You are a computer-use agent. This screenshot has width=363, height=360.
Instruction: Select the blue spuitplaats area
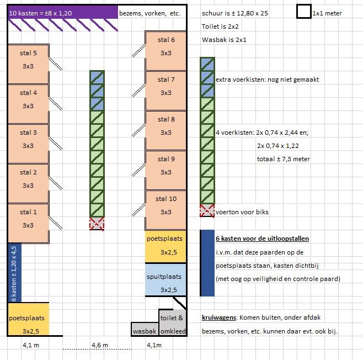[166, 283]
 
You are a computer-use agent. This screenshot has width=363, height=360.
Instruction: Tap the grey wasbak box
[145, 330]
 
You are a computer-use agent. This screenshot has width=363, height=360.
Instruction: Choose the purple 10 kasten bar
[63, 12]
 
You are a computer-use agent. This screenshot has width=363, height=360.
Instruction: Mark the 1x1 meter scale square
[303, 12]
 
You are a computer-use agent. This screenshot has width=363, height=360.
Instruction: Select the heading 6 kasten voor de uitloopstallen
[262, 239]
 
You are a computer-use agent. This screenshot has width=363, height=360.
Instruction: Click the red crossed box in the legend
[207, 210]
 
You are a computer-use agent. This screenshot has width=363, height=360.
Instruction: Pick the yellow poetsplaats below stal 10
[166, 245]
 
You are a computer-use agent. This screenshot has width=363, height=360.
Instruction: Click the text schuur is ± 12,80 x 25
[236, 12]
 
